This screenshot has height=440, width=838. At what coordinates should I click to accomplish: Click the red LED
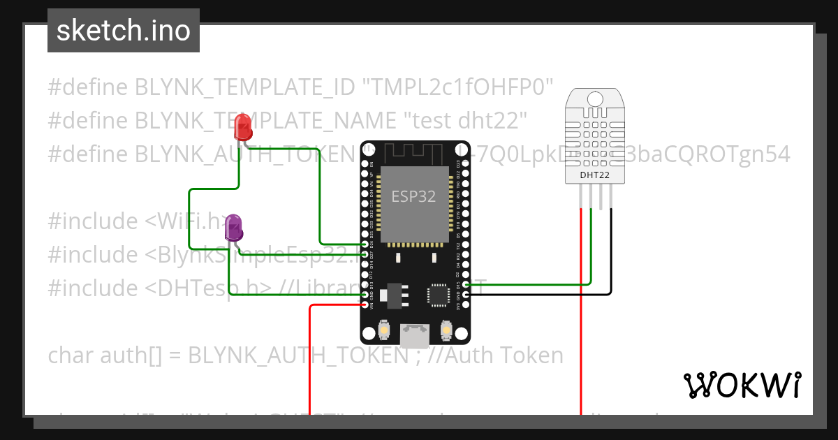243,127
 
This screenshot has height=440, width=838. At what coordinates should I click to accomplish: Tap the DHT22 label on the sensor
595,175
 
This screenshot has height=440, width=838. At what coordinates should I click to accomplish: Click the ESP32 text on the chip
413,196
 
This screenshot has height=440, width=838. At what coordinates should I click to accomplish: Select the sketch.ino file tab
124,31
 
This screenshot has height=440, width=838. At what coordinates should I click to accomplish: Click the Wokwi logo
742,385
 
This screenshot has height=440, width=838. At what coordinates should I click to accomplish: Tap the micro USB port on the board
415,336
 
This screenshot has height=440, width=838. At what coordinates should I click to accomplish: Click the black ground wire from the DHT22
612,251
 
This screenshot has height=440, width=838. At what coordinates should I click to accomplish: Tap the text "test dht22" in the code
466,120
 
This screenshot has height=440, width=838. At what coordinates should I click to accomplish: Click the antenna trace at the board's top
413,152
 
